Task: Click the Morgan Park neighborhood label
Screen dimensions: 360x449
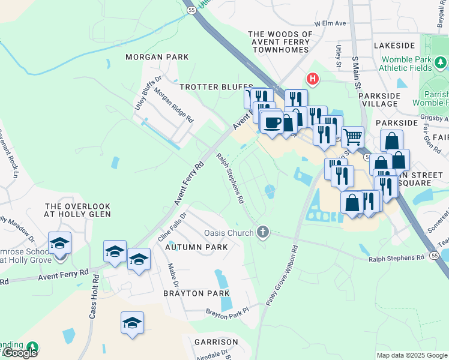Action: [157, 57]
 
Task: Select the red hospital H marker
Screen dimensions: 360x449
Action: [312, 78]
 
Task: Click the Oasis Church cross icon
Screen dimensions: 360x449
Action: [262, 232]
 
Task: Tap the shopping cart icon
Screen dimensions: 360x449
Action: [352, 136]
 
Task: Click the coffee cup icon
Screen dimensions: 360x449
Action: [273, 122]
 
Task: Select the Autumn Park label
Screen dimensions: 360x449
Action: [196, 247]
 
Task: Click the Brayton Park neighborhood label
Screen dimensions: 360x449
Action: [197, 293]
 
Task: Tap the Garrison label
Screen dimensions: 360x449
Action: [216, 342]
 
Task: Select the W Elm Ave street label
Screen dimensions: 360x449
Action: [330, 23]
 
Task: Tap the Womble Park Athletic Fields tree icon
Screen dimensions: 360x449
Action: [440, 62]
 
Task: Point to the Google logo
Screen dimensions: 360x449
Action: [20, 352]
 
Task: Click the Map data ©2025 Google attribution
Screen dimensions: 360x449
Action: [411, 355]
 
